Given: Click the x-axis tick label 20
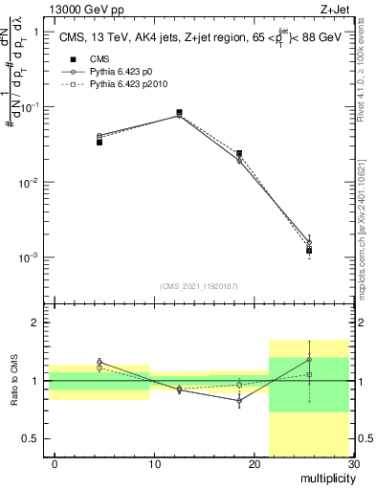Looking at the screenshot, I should (x=254, y=464).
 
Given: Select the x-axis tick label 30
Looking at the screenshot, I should (x=353, y=464).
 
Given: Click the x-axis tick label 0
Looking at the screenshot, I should (x=55, y=464).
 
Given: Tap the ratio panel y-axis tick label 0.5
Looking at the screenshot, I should (x=32, y=438).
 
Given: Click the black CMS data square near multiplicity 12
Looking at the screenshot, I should (x=179, y=113).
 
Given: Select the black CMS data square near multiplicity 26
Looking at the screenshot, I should (x=309, y=251).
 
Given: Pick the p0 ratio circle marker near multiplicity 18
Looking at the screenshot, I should (x=239, y=402).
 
